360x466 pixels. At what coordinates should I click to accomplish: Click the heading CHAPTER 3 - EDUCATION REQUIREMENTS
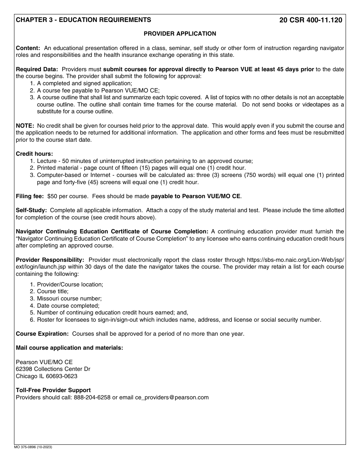pyautogui.click(x=83, y=20)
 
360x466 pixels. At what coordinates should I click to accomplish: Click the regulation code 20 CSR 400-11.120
pyautogui.click(x=310, y=20)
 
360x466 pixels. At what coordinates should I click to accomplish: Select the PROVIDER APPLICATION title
pyautogui.click(x=180, y=34)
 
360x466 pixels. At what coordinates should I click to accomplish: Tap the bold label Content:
pyautogui.click(x=28, y=48)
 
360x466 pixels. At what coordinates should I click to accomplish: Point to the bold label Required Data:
pyautogui.click(x=37, y=69)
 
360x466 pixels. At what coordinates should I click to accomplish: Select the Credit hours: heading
pyautogui.click(x=34, y=154)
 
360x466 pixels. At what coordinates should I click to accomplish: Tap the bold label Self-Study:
pyautogui.click(x=31, y=210)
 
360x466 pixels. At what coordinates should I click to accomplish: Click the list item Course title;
pyautogui.click(x=53, y=291)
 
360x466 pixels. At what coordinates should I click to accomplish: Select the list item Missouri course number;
pyautogui.click(x=69, y=299)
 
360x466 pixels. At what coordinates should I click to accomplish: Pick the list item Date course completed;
pyautogui.click(x=68, y=306)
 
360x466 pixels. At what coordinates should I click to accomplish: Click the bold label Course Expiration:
pyautogui.click(x=42, y=334)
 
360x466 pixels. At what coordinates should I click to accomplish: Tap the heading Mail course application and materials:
pyautogui.click(x=69, y=348)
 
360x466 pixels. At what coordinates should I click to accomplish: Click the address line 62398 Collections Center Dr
pyautogui.click(x=53, y=369)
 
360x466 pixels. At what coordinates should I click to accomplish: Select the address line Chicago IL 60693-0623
pyautogui.click(x=47, y=376)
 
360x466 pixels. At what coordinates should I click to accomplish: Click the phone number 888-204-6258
pyautogui.click(x=93, y=397)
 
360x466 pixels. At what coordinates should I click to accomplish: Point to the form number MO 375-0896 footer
pyautogui.click(x=34, y=447)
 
